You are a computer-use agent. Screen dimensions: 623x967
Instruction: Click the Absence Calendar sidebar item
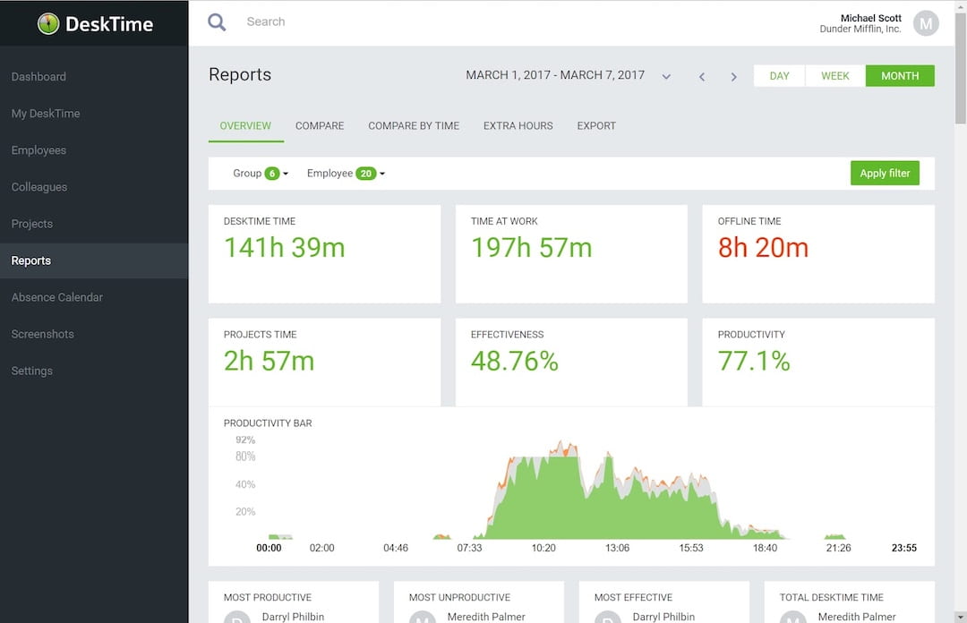pos(57,297)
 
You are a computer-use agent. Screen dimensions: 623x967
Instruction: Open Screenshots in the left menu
pos(42,334)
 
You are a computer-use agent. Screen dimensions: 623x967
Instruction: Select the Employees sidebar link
pos(39,150)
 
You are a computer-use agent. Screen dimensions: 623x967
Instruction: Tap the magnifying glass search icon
pos(217,22)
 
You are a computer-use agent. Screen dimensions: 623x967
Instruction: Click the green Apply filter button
pos(884,174)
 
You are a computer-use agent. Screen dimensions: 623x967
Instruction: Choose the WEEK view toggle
pos(834,76)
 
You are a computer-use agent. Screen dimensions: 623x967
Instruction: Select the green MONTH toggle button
pos(899,76)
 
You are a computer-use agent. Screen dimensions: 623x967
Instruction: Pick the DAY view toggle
pos(779,76)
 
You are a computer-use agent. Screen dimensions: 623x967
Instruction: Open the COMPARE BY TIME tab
pos(414,126)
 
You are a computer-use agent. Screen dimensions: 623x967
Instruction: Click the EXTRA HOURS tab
pos(518,126)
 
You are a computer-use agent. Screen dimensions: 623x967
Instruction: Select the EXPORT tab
pos(596,126)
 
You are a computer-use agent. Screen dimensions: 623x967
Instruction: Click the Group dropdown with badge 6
pos(261,174)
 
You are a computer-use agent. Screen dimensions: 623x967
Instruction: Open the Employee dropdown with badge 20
pos(346,174)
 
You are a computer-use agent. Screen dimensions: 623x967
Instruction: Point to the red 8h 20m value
pos(763,248)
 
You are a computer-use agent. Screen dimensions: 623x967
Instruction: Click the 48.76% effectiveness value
pos(515,361)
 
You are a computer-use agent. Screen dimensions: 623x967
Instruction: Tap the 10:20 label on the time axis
pos(543,548)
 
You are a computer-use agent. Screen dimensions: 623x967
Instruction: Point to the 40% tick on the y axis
pos(244,484)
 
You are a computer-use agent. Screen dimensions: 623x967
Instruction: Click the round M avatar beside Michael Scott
pos(926,23)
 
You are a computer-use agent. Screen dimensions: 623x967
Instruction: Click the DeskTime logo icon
pos(48,24)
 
